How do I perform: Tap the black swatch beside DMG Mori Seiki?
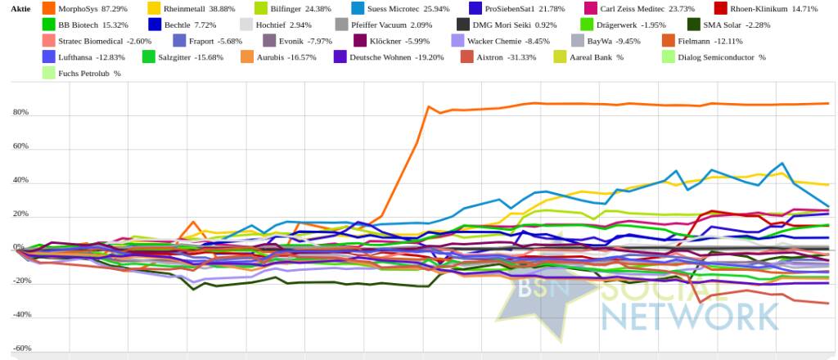tap(463, 25)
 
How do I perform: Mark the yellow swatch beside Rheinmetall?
tap(154, 9)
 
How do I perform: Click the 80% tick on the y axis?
tap(20, 113)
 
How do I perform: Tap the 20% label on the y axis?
tap(20, 214)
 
